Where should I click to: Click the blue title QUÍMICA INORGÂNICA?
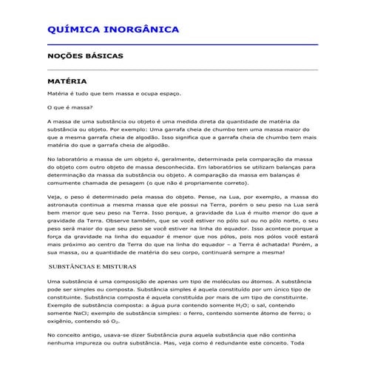coord(112,30)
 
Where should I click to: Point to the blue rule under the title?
coord(182,44)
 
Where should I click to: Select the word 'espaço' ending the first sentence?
coord(167,94)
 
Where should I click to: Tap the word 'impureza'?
coord(92,353)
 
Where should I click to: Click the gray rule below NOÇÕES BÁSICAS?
coord(182,69)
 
